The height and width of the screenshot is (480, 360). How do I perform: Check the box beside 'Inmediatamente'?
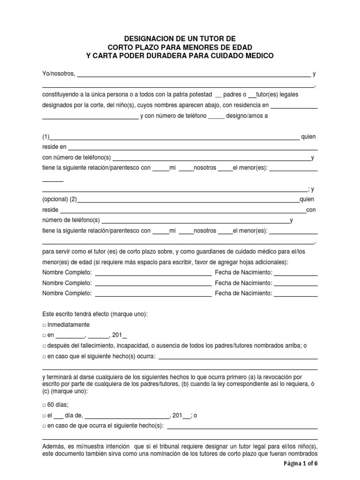(44, 325)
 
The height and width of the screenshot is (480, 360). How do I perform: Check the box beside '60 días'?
(44, 405)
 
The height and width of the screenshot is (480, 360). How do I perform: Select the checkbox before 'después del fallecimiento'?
(44, 346)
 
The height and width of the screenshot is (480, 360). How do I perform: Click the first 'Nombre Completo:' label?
(67, 273)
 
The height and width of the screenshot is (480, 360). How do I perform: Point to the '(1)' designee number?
(46, 137)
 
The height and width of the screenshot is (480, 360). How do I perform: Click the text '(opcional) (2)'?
(60, 199)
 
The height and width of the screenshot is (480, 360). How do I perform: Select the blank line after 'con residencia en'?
(294, 105)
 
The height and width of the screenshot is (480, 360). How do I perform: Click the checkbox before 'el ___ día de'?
(44, 415)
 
